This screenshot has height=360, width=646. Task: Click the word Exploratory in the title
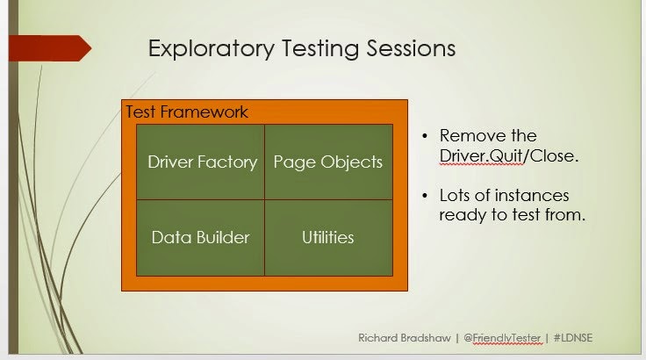212,49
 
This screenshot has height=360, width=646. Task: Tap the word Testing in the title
320,49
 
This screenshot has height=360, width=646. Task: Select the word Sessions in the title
411,47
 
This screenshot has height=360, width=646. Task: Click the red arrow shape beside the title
50,48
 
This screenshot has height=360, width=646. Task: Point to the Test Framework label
187,112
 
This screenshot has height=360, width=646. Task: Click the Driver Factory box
201,162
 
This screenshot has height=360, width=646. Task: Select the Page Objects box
329,162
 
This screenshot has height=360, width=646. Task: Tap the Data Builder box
201,238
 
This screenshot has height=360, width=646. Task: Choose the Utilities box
329,238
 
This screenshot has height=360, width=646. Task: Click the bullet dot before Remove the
425,136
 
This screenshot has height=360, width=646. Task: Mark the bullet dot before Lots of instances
425,196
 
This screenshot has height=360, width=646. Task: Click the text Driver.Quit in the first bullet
481,156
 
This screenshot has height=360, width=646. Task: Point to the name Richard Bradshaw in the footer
404,338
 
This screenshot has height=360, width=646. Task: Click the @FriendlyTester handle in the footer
502,339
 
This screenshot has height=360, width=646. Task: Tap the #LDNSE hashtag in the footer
573,338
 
